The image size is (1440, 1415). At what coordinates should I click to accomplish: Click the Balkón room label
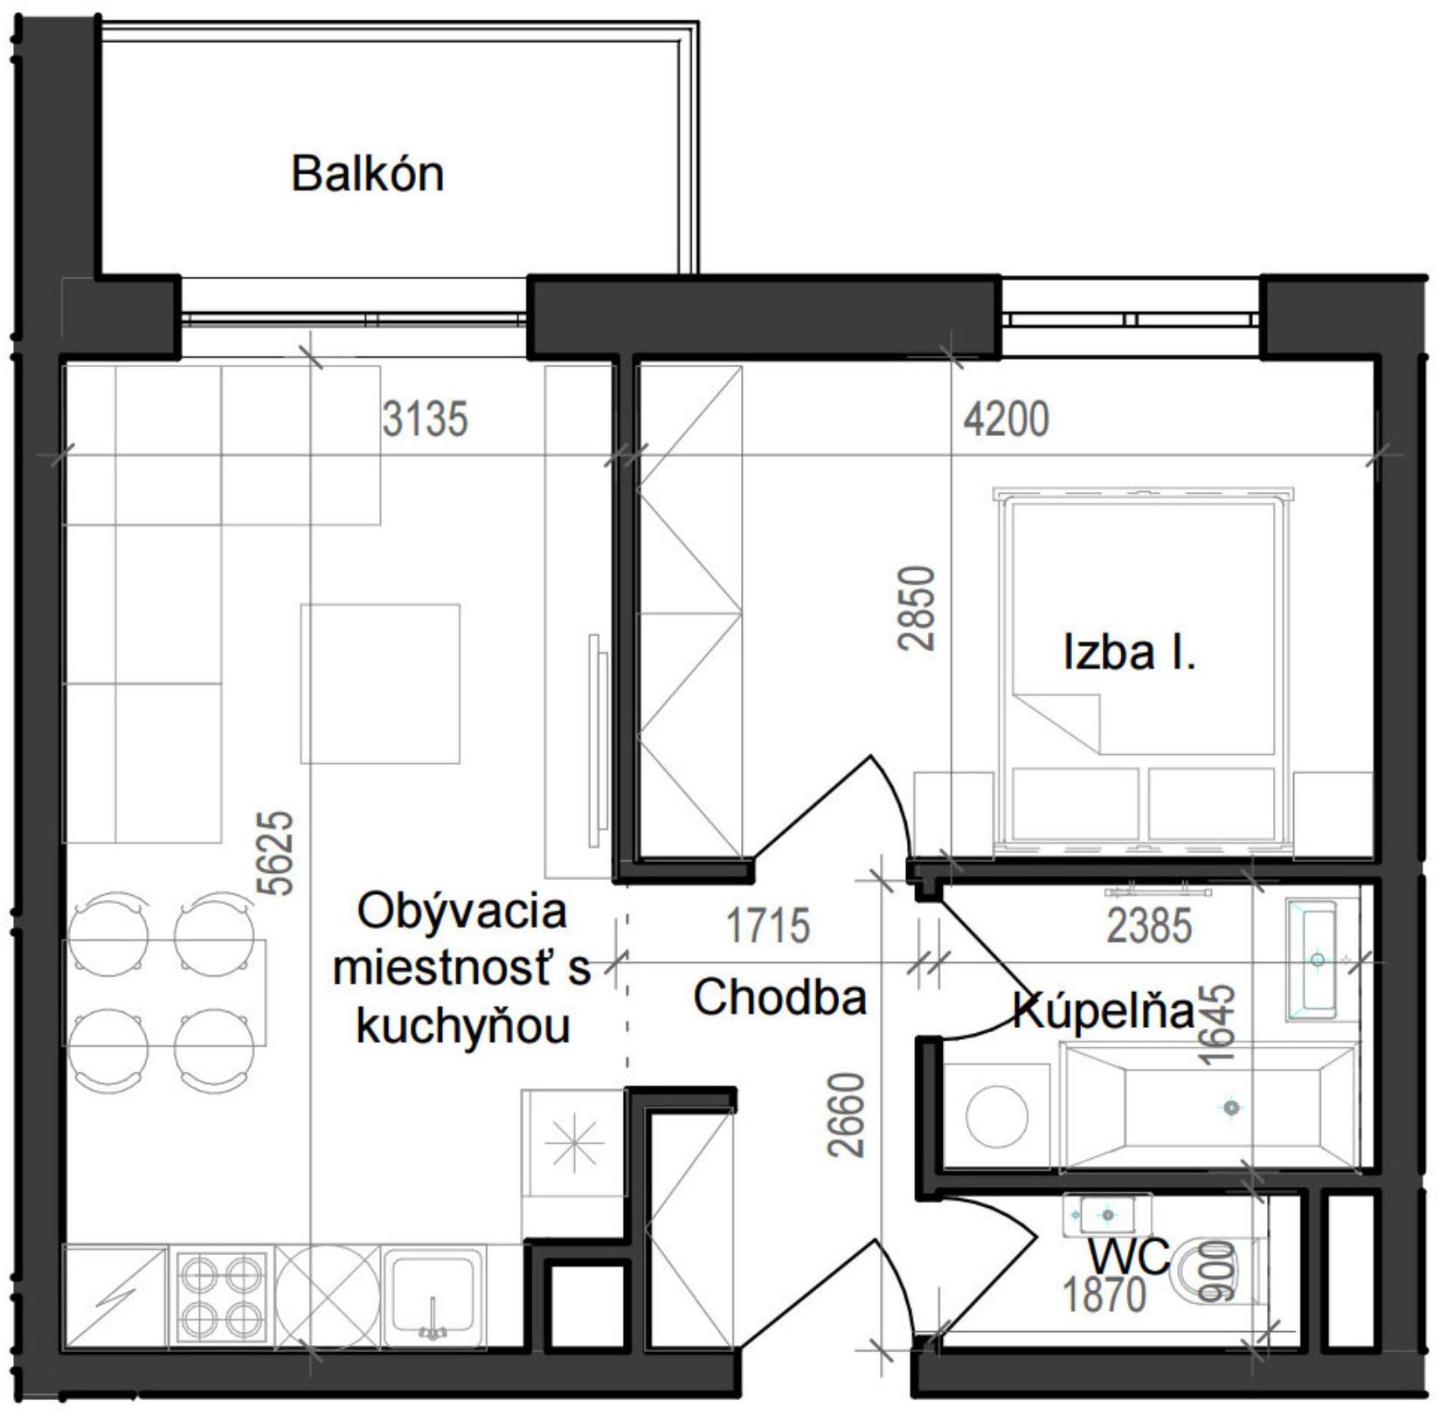(367, 173)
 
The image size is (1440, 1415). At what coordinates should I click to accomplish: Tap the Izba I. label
(1129, 653)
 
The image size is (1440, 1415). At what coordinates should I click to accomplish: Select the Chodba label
(779, 997)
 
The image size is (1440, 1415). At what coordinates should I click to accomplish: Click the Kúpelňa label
(1104, 1011)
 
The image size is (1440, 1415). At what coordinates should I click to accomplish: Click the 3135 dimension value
(425, 420)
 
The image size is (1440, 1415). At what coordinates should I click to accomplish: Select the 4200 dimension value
(1006, 420)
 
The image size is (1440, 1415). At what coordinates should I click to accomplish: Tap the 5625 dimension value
(276, 853)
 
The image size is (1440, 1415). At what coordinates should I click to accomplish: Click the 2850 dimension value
(917, 608)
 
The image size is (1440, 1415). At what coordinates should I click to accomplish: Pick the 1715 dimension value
(768, 926)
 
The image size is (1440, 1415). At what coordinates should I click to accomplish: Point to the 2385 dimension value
(1149, 926)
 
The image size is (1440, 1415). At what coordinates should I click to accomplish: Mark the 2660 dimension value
(847, 1115)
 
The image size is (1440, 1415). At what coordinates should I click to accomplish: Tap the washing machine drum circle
(997, 1116)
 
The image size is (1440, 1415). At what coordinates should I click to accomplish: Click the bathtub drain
(1231, 1108)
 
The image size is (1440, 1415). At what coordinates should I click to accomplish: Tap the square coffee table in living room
(380, 683)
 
